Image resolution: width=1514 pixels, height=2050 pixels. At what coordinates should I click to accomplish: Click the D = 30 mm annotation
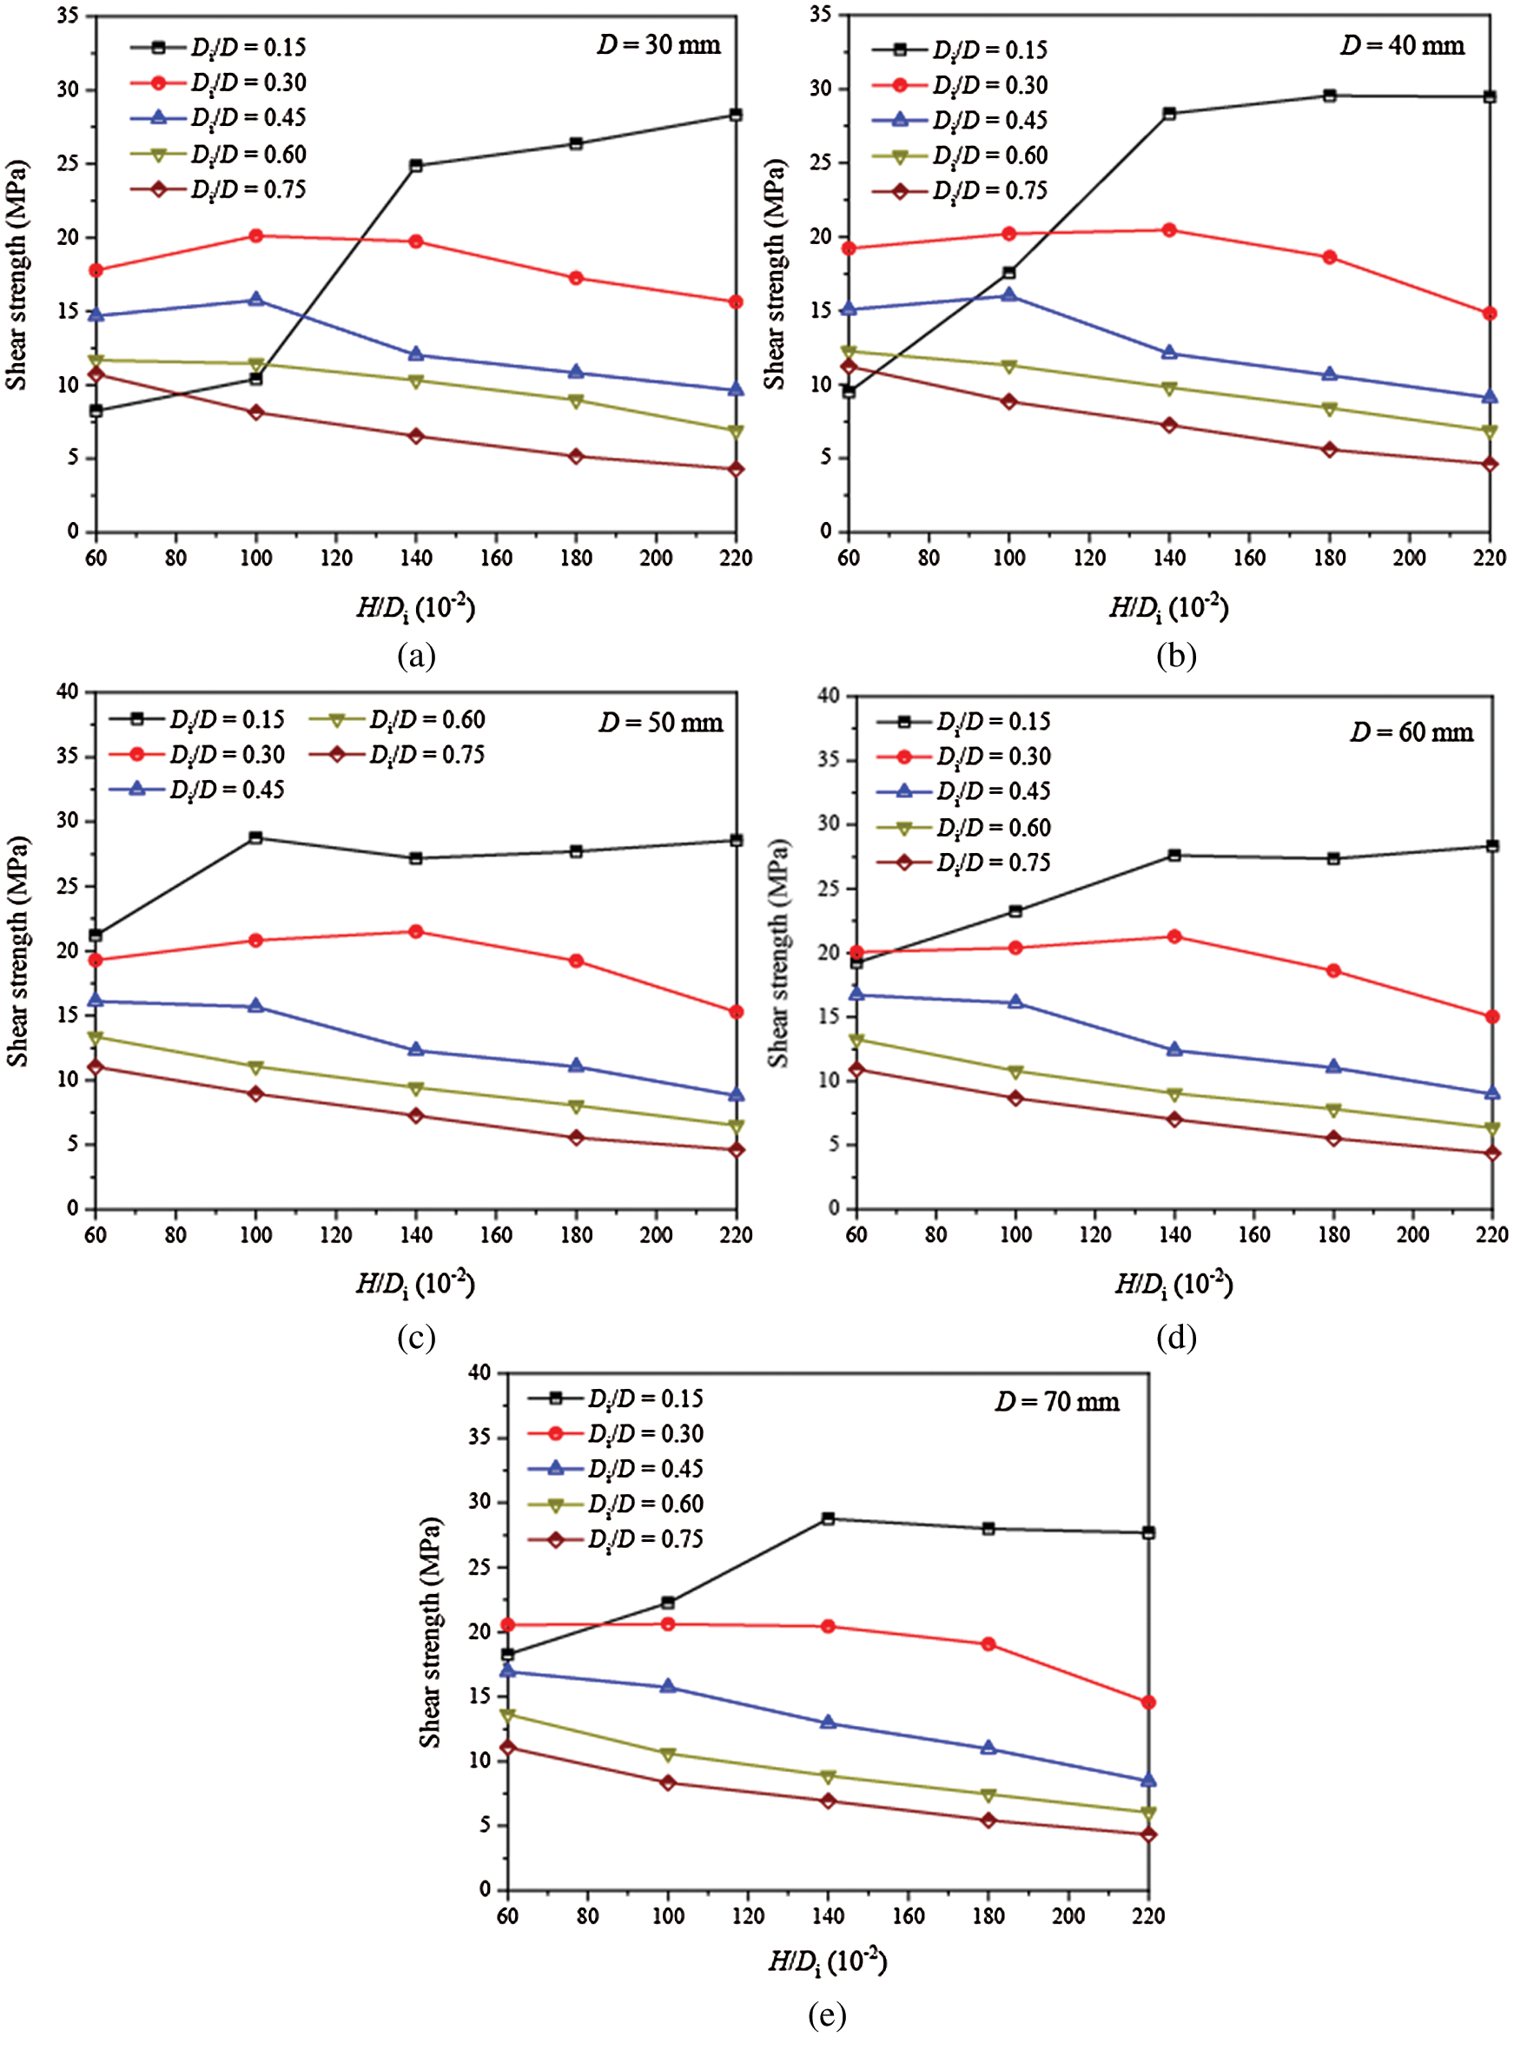[x=659, y=45]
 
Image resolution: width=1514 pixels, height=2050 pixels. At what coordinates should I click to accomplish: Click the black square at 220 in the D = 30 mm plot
[x=736, y=115]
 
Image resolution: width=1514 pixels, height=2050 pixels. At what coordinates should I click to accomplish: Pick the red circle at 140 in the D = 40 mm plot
[x=1169, y=230]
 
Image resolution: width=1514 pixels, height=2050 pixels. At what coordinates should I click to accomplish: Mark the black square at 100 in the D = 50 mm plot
[x=255, y=837]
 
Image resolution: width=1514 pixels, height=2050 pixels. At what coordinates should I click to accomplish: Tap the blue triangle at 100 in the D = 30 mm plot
[x=255, y=300]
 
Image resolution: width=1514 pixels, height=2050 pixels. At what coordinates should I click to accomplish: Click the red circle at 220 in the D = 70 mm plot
[x=1148, y=1703]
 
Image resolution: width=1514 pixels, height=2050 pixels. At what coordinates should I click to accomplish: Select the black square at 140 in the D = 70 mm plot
[x=829, y=1518]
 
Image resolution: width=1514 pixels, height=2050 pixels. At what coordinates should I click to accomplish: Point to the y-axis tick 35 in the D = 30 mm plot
[x=68, y=17]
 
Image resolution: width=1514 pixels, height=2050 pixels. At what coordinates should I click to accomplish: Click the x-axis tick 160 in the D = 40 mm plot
[x=1249, y=558]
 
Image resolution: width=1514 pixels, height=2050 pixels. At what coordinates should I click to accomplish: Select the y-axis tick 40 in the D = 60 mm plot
[x=829, y=696]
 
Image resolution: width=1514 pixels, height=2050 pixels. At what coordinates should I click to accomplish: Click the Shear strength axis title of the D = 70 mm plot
[x=431, y=1631]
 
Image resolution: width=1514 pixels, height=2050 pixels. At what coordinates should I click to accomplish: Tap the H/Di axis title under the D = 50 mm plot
[x=416, y=1284]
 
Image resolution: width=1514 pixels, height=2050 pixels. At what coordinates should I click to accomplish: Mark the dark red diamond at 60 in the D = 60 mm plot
[x=856, y=1069]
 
